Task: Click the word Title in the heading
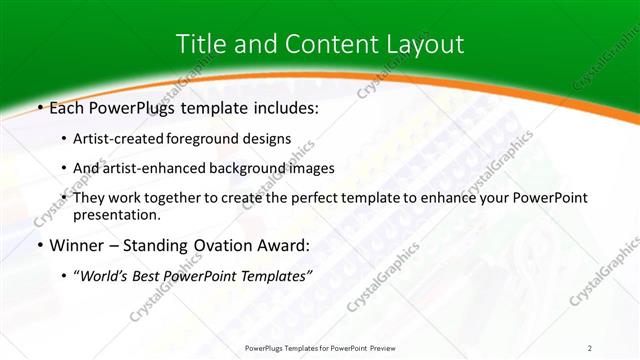click(x=201, y=44)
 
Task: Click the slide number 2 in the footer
click(x=590, y=347)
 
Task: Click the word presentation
click(x=115, y=214)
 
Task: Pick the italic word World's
click(x=107, y=275)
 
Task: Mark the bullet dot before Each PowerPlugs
click(x=39, y=108)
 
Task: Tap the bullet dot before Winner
click(x=39, y=244)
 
